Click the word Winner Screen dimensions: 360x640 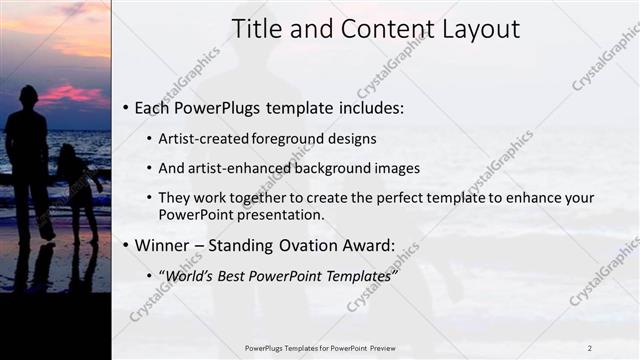[164, 244]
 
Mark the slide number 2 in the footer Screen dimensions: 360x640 [590, 347]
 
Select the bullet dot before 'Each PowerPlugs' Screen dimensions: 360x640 [125, 108]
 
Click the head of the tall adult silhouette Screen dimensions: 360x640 [28, 97]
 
